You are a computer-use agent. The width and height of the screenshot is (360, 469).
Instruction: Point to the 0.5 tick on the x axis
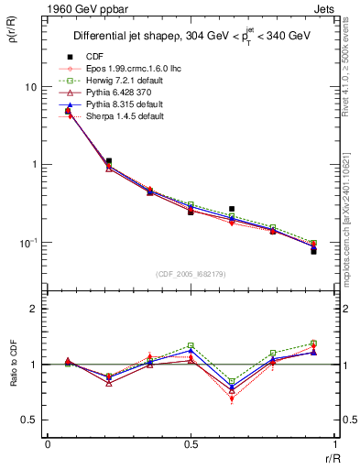191,444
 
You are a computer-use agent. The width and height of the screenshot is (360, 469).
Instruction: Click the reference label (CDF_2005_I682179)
190,274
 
